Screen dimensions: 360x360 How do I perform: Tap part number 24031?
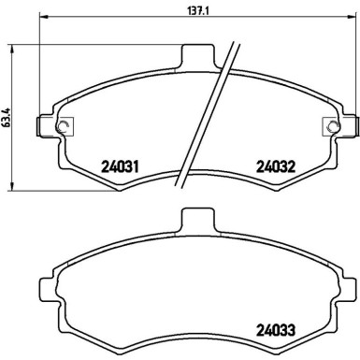pyautogui.click(x=120, y=168)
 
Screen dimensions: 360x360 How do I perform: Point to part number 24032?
pyautogui.click(x=276, y=168)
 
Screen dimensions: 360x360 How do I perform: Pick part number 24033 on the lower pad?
pyautogui.click(x=276, y=329)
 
